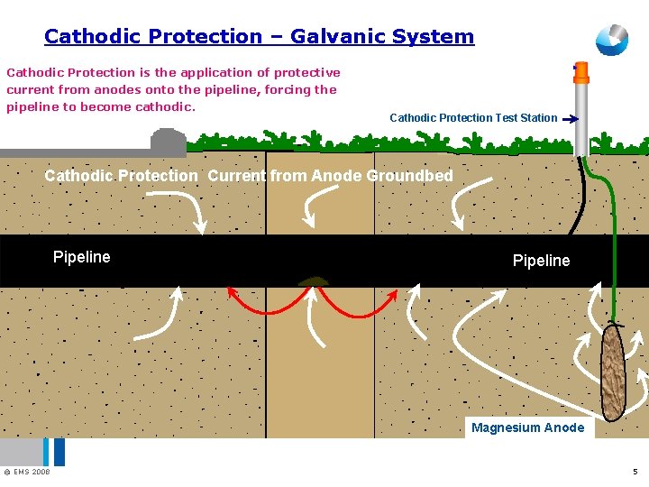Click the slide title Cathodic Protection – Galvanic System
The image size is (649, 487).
[x=259, y=37]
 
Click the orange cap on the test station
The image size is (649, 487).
[x=580, y=71]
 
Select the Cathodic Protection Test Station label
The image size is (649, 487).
[x=472, y=117]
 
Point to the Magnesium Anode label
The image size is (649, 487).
[x=527, y=427]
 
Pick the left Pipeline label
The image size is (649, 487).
[x=81, y=257]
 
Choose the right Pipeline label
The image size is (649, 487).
[x=541, y=261]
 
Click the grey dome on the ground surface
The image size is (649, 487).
[x=168, y=142]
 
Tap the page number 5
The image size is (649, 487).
[x=635, y=472]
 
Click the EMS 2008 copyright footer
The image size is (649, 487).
[x=27, y=472]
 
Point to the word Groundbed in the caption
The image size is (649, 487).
[x=409, y=176]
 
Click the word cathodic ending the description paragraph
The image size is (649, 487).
[x=164, y=106]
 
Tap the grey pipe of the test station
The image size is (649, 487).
[x=581, y=117]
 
